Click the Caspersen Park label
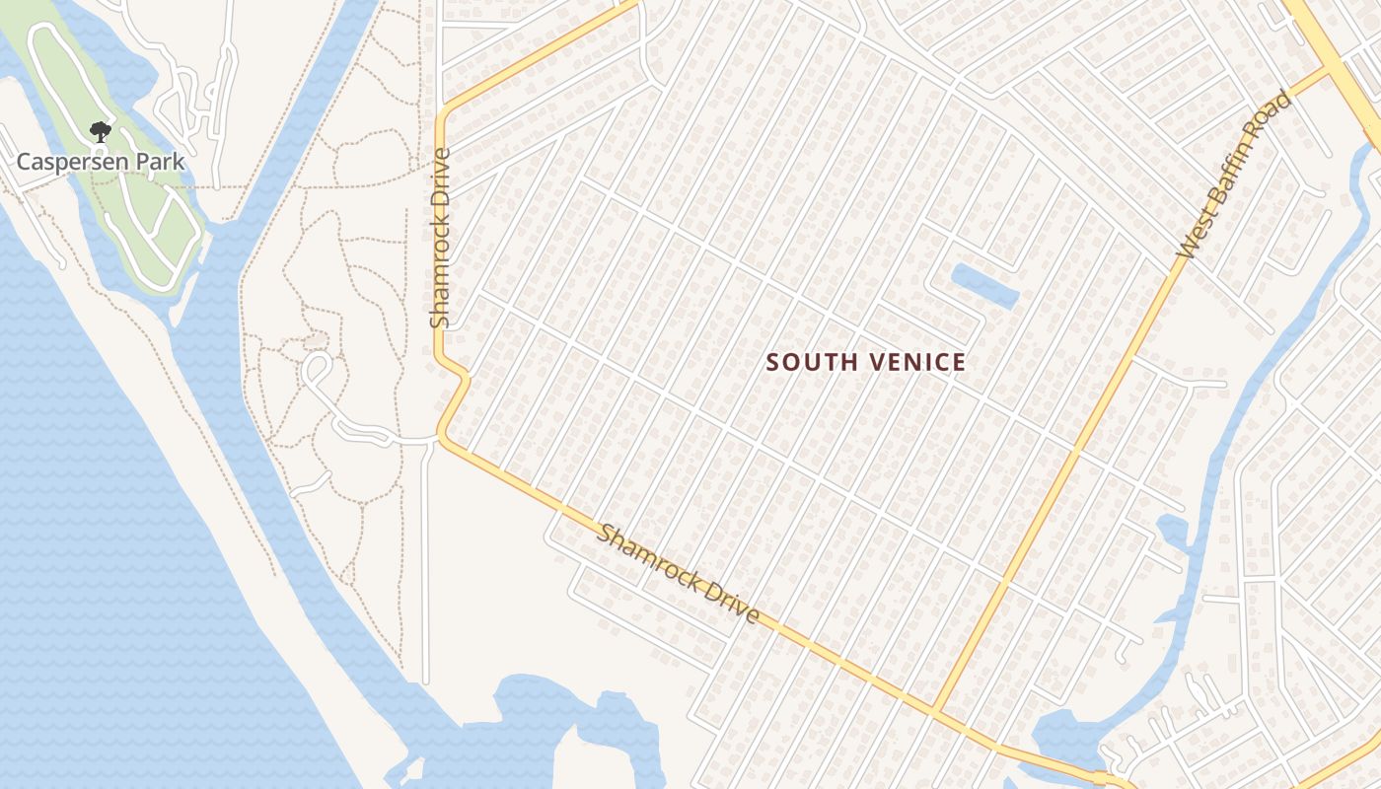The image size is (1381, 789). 101,161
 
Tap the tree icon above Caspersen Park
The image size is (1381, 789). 99,131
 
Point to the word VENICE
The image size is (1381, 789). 917,363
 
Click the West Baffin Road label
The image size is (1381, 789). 1234,176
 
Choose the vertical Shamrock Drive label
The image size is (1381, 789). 440,238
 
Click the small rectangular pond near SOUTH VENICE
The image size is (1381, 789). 984,285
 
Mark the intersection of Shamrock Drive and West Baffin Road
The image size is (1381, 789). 934,711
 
